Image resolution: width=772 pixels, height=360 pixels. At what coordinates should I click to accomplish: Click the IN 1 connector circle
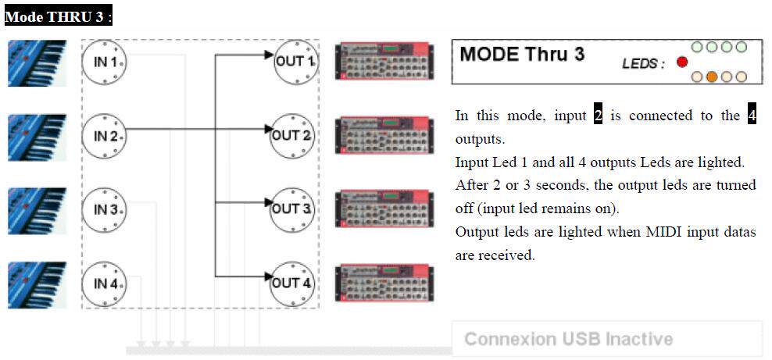coord(105,61)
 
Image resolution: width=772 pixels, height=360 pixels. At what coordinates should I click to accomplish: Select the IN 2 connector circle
coord(105,135)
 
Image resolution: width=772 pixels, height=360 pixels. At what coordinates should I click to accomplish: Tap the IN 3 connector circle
coord(105,209)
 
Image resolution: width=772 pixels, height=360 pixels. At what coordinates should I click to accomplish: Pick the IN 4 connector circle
coord(105,283)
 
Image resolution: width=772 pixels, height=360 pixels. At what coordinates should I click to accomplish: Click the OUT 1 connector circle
coord(294,61)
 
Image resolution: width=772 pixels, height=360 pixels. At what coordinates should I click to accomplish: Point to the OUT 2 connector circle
coord(294,135)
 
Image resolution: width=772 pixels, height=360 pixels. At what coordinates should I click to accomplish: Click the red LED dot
coord(682,62)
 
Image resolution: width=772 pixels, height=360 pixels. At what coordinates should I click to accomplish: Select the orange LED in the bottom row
coord(711,77)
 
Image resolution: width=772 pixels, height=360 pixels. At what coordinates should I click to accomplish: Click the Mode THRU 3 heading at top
coord(57,17)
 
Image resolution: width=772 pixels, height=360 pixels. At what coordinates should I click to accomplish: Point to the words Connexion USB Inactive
coord(568,339)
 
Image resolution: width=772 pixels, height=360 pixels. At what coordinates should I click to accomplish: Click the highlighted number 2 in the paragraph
coord(599,116)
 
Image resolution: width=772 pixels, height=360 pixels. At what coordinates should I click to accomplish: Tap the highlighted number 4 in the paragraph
coord(752,116)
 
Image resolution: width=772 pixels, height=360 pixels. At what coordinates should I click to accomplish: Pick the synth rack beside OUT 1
coord(382,61)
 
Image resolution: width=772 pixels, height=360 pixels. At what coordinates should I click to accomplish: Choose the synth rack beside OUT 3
coord(382,209)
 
